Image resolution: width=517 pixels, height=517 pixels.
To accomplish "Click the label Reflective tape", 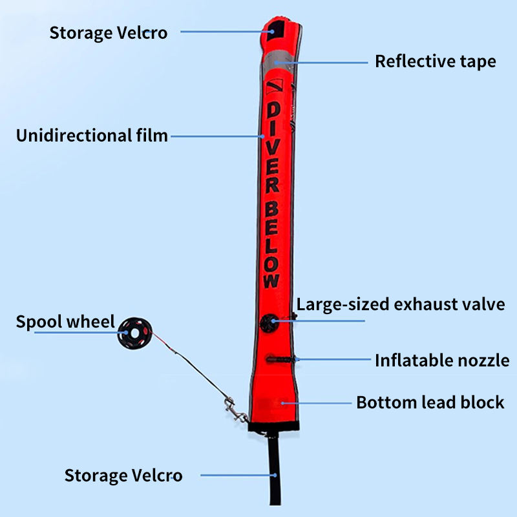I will pos(435,61).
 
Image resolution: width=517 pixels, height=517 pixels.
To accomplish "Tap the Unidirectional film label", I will pos(92,136).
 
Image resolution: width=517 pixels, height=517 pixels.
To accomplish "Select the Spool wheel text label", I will pos(65,322).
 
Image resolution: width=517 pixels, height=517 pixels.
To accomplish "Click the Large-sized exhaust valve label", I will pos(400,304).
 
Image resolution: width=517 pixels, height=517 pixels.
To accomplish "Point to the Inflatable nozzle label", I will pos(442,360).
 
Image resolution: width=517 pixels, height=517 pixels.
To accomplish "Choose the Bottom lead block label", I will pos(430,402).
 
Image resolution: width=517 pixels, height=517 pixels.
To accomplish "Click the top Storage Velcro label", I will pos(108,32).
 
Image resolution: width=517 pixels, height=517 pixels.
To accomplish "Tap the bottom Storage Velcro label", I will pos(123,476).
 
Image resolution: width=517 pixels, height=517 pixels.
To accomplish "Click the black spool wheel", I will pos(132,332).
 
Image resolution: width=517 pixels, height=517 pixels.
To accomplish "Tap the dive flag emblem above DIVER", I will pos(274,85).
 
